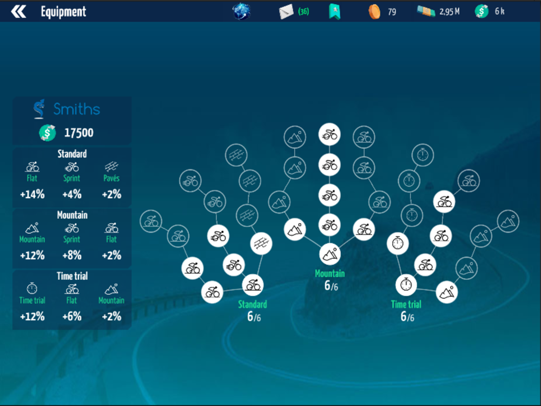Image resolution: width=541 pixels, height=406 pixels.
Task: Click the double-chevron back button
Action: [x=18, y=11]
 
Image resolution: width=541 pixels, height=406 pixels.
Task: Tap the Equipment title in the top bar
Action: [x=63, y=11]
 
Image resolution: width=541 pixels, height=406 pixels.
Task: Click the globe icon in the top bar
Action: [x=241, y=11]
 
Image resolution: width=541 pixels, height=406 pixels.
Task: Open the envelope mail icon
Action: [x=286, y=11]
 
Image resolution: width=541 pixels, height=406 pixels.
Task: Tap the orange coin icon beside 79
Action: [x=374, y=11]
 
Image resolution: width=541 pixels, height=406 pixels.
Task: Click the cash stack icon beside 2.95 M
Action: [x=426, y=11]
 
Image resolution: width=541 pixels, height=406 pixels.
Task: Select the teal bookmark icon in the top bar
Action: [x=334, y=11]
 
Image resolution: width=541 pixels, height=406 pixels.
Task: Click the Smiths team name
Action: [x=76, y=109]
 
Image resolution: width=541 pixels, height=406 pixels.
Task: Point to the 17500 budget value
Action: [x=79, y=133]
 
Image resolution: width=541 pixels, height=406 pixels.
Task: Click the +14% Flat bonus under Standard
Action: [x=32, y=194]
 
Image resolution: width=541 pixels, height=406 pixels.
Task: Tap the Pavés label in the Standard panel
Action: [x=111, y=178]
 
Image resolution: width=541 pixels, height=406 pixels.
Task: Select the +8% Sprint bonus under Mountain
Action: [x=72, y=256]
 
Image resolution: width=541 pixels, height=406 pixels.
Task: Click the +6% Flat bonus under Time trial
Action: [x=72, y=317]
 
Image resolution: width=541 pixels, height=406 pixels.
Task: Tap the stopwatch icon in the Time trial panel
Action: [x=32, y=289]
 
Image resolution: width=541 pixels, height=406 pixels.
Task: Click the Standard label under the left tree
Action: [x=253, y=304]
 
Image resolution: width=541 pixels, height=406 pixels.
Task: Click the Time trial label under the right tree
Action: [x=406, y=304]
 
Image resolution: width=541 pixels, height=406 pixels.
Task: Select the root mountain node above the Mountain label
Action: [x=329, y=253]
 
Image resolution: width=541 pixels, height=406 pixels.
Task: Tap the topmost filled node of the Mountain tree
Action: [x=329, y=135]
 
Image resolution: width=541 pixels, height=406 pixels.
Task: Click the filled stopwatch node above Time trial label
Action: [x=406, y=284]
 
